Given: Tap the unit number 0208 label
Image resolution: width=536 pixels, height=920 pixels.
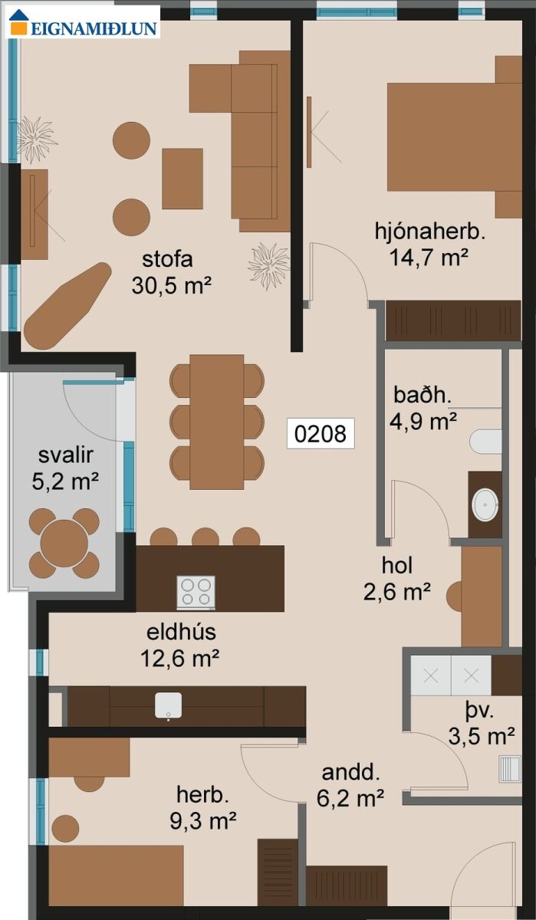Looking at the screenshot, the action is [321, 433].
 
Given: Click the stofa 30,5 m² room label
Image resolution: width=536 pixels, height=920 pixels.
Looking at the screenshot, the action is [171, 272].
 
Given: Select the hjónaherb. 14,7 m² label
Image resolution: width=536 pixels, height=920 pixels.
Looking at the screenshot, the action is [429, 245].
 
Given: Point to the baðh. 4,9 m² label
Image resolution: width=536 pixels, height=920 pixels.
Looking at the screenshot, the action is [423, 407].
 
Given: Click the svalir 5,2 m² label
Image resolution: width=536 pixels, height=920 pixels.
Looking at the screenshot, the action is [65, 468].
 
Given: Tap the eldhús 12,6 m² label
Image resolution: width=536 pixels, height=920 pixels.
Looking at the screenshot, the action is [181, 646].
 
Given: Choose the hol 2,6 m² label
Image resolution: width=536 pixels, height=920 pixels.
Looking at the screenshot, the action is [396, 579].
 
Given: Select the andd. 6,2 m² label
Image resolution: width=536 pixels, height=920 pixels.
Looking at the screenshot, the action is [350, 785].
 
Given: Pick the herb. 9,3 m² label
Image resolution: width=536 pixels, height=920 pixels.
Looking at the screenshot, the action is [203, 808].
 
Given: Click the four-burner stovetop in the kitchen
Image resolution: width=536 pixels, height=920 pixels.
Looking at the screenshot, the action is [196, 592].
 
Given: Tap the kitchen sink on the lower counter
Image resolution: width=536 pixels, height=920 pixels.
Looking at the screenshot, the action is [169, 705].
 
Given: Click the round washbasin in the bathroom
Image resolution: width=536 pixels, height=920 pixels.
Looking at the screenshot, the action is [485, 504].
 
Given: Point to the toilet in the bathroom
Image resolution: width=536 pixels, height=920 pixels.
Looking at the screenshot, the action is [485, 442].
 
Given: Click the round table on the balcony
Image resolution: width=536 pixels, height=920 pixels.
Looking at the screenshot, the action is [64, 543].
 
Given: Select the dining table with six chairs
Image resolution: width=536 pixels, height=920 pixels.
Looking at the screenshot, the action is [217, 422].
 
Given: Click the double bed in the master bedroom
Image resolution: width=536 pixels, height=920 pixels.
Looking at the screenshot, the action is [454, 137].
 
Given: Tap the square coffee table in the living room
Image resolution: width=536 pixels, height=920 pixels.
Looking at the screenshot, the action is [183, 179].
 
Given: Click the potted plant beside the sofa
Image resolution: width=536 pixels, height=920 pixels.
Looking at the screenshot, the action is [269, 265].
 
